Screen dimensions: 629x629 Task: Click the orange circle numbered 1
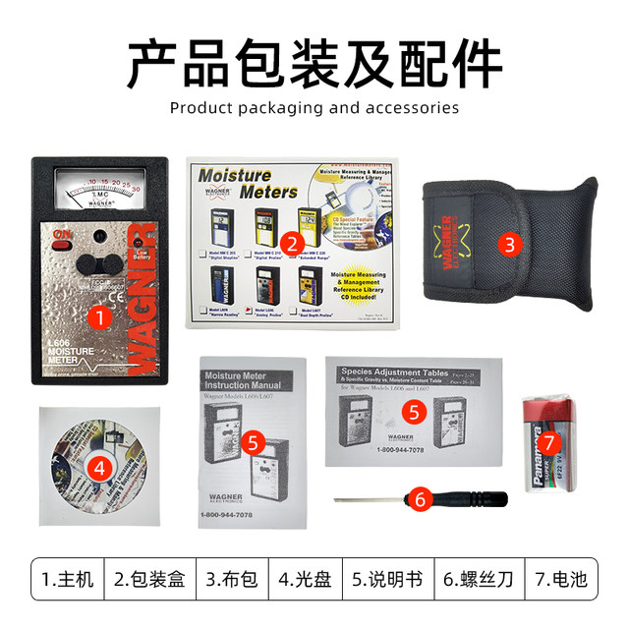pos(98,316)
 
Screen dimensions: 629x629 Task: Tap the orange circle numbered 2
pos(290,243)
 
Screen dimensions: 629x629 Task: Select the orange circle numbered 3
pos(508,244)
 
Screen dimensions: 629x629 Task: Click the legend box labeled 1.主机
pos(68,579)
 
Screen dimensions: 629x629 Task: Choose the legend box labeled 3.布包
pos(232,579)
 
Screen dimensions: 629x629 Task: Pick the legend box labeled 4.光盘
pos(305,579)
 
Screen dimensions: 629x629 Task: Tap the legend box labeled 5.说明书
pos(386,579)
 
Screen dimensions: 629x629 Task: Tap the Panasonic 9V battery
pos(549,441)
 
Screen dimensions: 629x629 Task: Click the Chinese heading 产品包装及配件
pos(314,61)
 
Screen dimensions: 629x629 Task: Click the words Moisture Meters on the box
pos(235,183)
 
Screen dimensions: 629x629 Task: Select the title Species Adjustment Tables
pos(400,372)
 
